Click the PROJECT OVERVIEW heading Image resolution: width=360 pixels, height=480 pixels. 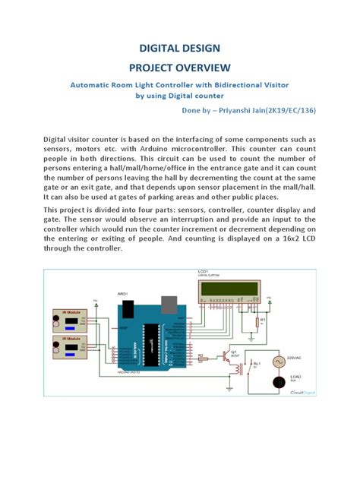[x=179, y=68]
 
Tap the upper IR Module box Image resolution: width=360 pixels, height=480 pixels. [x=67, y=319]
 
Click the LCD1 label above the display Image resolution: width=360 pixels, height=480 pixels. [x=203, y=271]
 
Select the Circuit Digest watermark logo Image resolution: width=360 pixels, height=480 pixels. [x=303, y=393]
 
